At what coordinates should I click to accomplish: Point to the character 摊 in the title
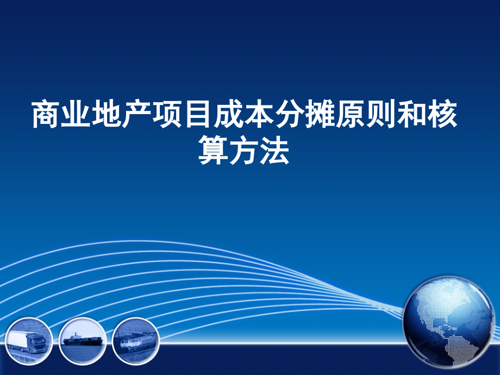pos(320,114)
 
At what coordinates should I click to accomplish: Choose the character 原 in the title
pos(350,114)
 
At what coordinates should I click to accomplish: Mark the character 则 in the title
pos(380,114)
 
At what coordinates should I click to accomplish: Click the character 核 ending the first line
pos(441,114)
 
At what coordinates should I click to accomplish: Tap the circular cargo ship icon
pos(82,340)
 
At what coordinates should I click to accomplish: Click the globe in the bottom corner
pos(450,321)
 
